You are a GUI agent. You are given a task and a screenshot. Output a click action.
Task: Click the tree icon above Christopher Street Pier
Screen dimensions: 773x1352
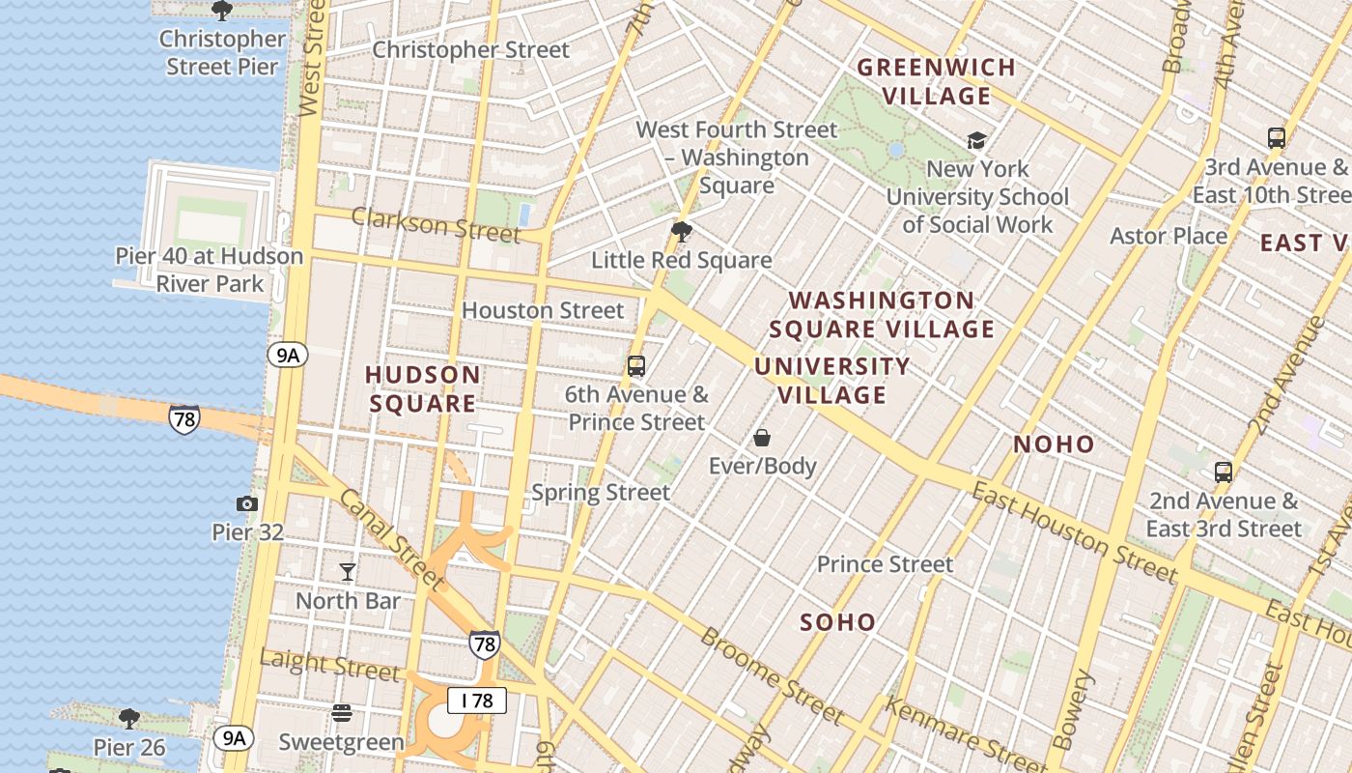click(221, 11)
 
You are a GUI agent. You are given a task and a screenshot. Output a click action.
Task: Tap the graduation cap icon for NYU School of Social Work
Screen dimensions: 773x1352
click(976, 141)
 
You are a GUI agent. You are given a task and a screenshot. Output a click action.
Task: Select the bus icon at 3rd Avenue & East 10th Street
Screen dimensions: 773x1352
click(1276, 138)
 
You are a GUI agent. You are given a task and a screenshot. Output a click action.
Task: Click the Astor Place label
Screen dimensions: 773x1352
click(1169, 236)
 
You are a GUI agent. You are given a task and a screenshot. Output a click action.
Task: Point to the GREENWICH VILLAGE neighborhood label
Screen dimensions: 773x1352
click(936, 82)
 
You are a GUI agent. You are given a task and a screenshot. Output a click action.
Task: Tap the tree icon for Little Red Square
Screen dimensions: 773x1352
click(682, 232)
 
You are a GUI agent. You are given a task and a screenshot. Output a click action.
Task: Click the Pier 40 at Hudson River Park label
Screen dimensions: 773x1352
click(210, 270)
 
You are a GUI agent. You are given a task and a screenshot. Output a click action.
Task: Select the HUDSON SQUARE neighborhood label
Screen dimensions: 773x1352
click(422, 388)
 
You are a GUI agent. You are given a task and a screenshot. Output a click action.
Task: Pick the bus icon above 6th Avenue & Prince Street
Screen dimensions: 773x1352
click(635, 366)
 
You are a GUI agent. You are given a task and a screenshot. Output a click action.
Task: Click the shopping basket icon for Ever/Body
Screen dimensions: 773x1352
click(762, 438)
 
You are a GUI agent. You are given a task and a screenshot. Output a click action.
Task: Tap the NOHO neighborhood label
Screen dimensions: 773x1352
click(1054, 444)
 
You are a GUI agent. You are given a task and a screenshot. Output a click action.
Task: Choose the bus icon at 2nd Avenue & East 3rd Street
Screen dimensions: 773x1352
click(1223, 472)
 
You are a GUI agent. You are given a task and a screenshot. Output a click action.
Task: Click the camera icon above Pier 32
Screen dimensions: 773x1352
click(247, 503)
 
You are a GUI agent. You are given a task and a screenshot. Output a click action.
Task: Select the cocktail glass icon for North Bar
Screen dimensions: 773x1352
click(348, 572)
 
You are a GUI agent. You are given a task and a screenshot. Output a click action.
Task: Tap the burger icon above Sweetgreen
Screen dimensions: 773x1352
click(341, 713)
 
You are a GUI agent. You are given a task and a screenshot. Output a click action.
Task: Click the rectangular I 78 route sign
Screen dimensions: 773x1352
click(477, 701)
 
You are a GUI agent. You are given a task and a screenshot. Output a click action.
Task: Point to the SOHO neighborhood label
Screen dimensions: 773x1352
click(837, 622)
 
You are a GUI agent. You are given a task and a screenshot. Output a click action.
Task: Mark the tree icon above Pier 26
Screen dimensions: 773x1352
click(128, 719)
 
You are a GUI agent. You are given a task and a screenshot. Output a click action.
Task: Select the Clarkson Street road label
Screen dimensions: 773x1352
click(435, 225)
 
